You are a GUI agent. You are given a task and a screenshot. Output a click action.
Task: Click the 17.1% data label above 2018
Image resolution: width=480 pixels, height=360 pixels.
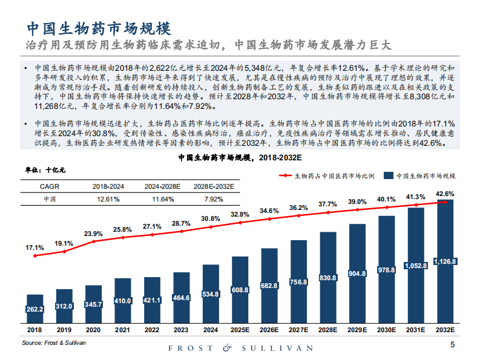(35, 247)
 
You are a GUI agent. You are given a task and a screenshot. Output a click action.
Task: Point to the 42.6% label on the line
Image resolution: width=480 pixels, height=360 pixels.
(445, 194)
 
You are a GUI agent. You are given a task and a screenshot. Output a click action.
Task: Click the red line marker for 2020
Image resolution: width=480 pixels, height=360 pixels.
(93, 241)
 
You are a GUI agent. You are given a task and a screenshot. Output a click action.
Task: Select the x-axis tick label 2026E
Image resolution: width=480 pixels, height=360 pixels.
(269, 330)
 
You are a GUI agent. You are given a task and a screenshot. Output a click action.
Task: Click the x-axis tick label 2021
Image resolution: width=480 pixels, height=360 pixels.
(122, 330)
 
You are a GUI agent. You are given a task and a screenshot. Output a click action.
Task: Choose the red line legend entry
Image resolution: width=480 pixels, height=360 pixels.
(327, 175)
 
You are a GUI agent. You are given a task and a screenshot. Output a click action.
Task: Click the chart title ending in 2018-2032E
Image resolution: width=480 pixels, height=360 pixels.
(240, 157)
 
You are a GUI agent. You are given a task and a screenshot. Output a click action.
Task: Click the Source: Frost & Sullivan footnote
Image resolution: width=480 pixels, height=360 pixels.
(54, 342)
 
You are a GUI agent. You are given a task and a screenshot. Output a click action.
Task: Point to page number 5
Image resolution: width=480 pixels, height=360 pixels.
(453, 345)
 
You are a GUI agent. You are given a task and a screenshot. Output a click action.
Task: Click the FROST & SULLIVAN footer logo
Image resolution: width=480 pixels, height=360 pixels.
(240, 348)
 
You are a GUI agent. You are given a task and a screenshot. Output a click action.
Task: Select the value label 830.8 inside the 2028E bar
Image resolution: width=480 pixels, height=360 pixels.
(327, 278)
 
